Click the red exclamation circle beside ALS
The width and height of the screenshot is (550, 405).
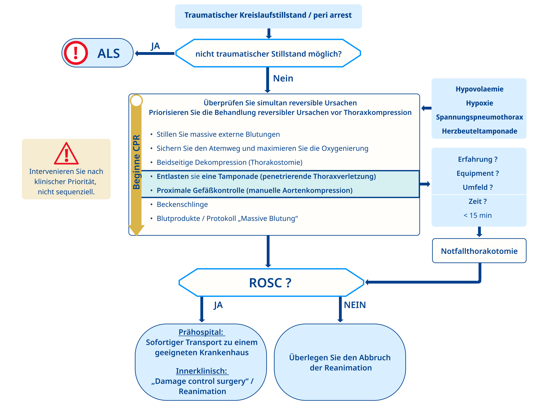[76, 53]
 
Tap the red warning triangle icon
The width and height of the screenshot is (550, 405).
[66, 154]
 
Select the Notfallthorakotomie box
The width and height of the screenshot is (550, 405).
[479, 251]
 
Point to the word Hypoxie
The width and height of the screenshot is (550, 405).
[479, 103]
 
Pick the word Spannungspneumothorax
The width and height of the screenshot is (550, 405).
[479, 117]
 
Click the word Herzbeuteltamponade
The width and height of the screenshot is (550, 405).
[479, 131]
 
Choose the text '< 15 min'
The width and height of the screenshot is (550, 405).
[478, 215]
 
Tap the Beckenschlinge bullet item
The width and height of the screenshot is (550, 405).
[182, 204]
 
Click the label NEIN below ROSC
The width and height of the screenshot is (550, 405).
[355, 305]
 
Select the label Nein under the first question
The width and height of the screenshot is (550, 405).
[283, 78]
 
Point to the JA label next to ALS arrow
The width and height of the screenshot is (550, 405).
[155, 46]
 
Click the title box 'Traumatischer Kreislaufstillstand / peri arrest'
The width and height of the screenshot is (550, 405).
[268, 16]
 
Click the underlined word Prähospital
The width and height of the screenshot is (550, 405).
[201, 332]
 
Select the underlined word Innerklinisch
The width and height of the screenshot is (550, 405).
[201, 371]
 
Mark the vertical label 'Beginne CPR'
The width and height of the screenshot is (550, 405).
[137, 162]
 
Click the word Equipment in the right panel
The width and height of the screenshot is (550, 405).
[475, 173]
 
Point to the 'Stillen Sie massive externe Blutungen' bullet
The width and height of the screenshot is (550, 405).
[218, 134]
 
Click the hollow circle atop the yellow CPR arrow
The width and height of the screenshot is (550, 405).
[136, 101]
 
